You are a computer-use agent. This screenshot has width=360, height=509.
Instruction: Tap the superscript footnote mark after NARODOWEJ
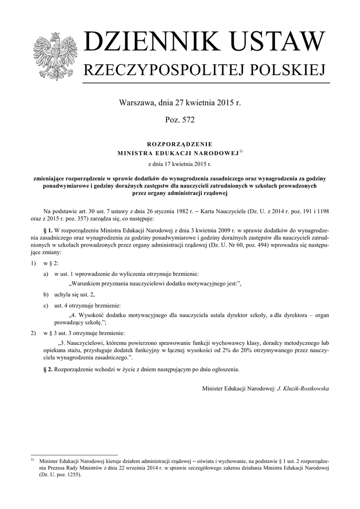point(241,151)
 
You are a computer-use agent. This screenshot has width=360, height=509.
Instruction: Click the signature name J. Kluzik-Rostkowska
point(302,388)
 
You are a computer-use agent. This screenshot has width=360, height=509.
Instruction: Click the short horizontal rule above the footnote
point(74,455)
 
